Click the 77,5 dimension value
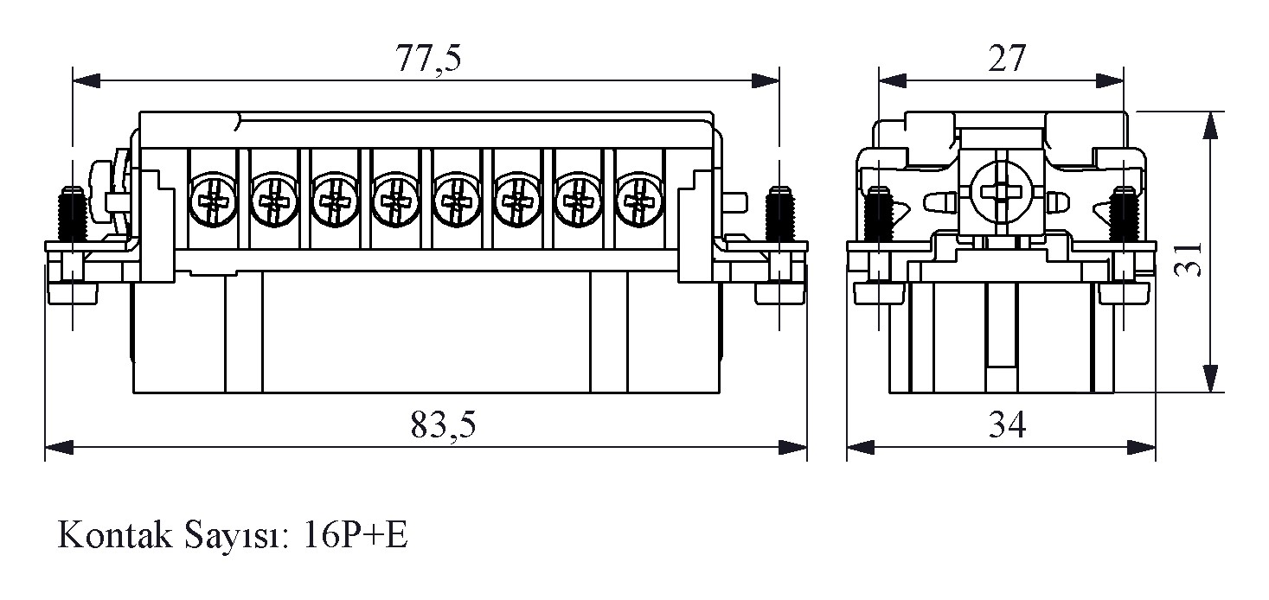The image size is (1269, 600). coord(428,59)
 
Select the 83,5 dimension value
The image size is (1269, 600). coord(443,425)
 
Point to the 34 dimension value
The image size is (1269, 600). coord(1005,425)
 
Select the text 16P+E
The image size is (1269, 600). coord(356,536)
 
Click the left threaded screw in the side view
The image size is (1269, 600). coord(880,214)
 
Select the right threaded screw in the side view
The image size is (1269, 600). coord(1125,214)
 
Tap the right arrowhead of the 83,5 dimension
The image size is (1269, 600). coord(793,447)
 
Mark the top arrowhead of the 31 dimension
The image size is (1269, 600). coord(1211,125)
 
